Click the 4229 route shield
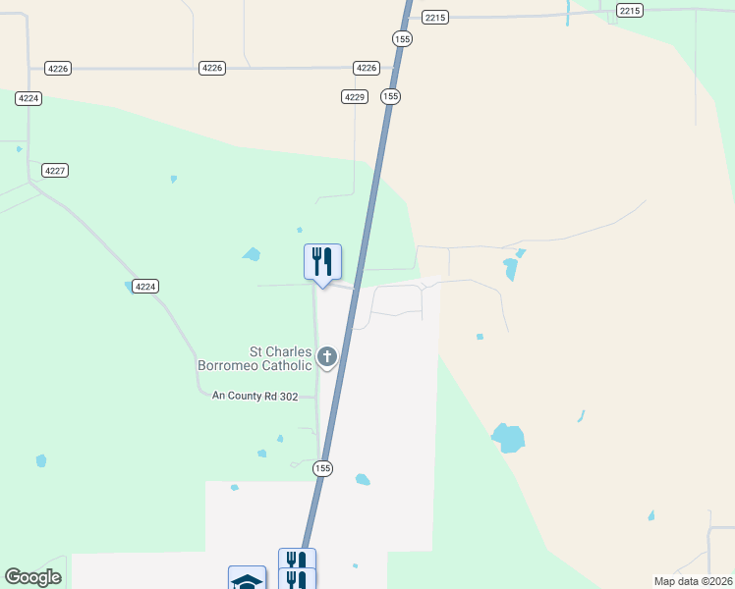coord(355,96)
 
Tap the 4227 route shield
coord(55,171)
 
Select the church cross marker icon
coord(327,357)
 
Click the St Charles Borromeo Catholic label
coord(254,358)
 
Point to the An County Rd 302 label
coord(254,397)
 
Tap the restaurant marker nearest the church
coord(322,262)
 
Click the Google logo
coord(32,577)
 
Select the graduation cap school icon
coord(247,580)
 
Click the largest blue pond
coord(508,438)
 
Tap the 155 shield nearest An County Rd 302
coord(323,468)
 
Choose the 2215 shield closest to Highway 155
coord(435,18)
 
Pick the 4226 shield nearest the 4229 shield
coord(367,68)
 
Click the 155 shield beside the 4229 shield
coord(391,96)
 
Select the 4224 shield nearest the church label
coord(145,287)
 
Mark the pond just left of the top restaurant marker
coord(253,254)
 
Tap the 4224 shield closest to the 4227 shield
coord(28,98)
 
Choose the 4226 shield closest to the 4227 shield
coord(57,68)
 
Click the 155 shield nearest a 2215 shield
coord(402,38)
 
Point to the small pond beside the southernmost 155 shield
coord(363,480)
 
